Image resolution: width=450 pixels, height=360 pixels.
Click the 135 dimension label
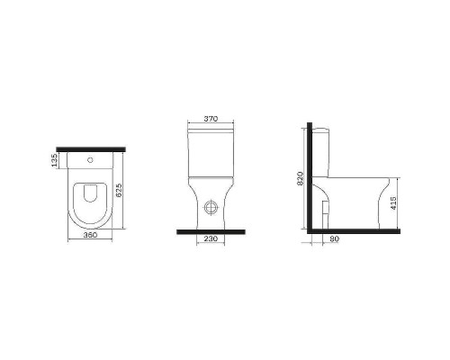coord(54,160)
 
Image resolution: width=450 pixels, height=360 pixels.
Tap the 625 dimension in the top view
coord(119,190)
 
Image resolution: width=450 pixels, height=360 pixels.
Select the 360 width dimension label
coord(90,235)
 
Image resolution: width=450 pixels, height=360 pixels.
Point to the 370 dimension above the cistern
coord(211,119)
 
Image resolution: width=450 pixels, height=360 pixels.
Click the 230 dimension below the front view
coord(211,238)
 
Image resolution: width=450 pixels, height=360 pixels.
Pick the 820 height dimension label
coord(301,178)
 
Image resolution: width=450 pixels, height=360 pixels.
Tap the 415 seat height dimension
coord(394,203)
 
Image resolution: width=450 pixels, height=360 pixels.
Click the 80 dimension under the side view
coord(334,238)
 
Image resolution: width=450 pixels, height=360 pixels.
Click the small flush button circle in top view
coord(90,160)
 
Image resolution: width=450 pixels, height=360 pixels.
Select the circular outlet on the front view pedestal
coord(211,208)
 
